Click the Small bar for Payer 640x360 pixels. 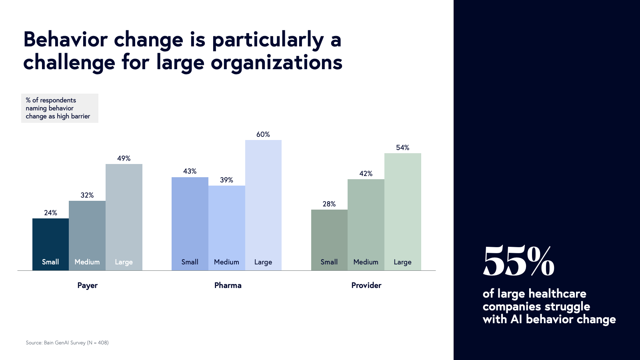tap(50, 244)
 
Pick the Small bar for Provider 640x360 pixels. tap(329, 240)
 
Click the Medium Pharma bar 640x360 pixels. tap(226, 228)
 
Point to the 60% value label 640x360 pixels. tap(263, 134)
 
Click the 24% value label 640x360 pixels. tap(50, 213)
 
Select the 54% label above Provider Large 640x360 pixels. tap(402, 148)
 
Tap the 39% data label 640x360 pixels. tap(226, 180)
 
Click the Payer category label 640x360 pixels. tap(87, 285)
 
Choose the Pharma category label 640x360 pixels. tap(228, 285)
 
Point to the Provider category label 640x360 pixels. tap(366, 285)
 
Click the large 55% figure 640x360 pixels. tap(518, 262)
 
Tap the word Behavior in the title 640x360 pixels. tap(66, 40)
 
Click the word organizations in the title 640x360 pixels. tap(276, 63)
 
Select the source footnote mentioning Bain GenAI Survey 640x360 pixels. tap(67, 343)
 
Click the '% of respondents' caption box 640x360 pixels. tap(60, 108)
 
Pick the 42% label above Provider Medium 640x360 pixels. tap(366, 174)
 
